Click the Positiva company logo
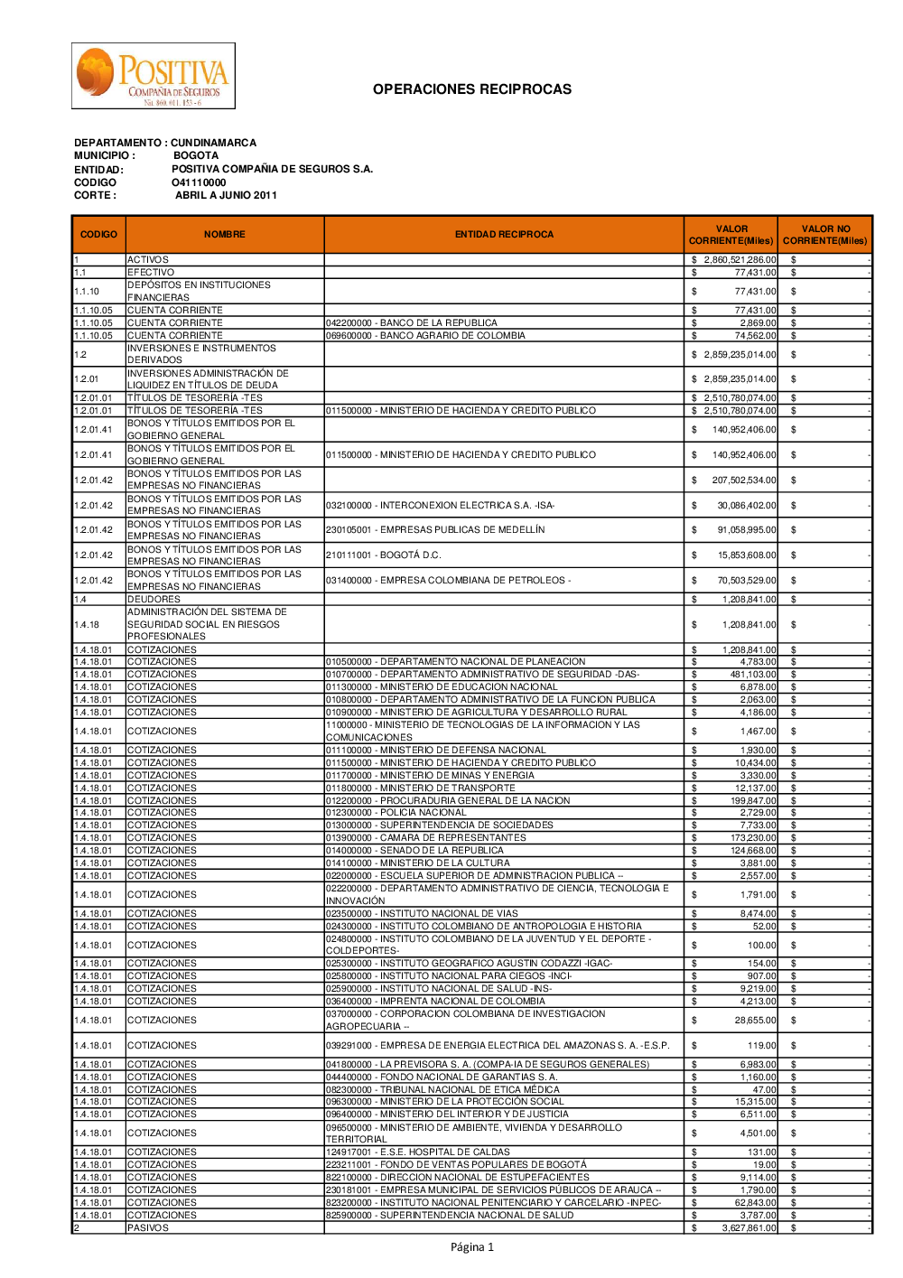click(x=154, y=77)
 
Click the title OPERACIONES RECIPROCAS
click(x=471, y=89)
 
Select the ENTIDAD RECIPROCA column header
click(x=504, y=235)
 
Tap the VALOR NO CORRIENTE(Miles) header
click(x=824, y=235)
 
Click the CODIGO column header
click(x=98, y=235)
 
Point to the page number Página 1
click(x=472, y=1247)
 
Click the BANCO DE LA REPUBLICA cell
click(x=412, y=323)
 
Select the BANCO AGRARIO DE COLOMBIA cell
click(x=425, y=336)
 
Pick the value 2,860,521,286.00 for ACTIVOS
click(x=740, y=260)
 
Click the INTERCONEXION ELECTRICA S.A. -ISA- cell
click(x=440, y=506)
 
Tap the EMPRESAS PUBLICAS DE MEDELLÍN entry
click(x=435, y=530)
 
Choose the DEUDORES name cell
click(x=154, y=600)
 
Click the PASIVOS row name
click(x=148, y=1228)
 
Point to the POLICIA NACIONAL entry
click(x=396, y=813)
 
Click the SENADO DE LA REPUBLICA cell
click(x=414, y=851)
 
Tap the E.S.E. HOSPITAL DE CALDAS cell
click(x=418, y=1152)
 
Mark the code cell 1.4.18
click(x=87, y=625)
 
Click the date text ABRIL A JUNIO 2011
click(x=226, y=195)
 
